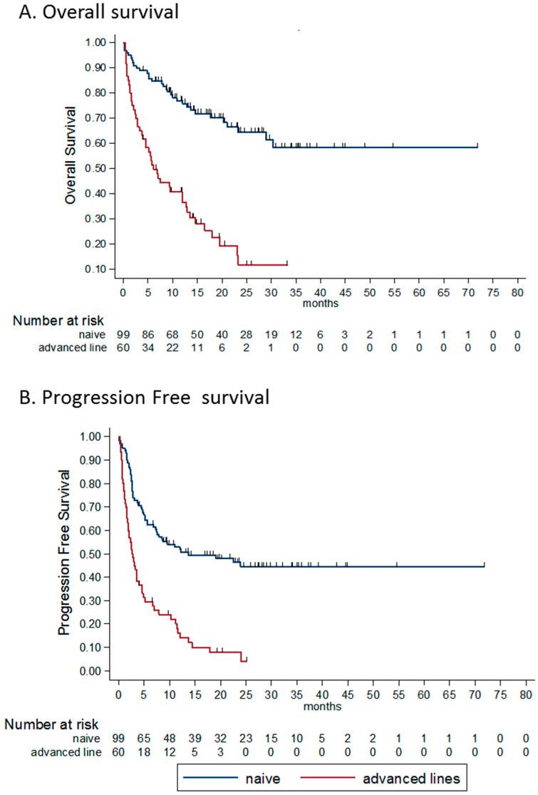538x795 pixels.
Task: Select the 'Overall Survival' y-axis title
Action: tap(71, 155)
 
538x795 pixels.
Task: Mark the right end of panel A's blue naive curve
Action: tap(477, 147)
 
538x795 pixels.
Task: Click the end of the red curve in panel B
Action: tap(246, 660)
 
